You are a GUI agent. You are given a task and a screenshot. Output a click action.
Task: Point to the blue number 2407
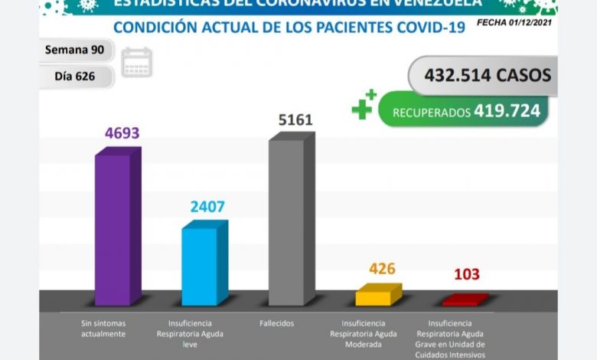pos(207,207)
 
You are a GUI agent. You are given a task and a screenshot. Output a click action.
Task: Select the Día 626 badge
pos(77,77)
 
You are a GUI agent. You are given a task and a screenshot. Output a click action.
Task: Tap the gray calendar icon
pos(137,63)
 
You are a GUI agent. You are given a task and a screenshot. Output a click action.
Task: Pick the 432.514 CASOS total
pos(481,76)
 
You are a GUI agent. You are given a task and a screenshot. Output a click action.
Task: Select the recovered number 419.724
pos(507,111)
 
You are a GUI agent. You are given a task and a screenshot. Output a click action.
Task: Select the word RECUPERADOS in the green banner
pos(431,113)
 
